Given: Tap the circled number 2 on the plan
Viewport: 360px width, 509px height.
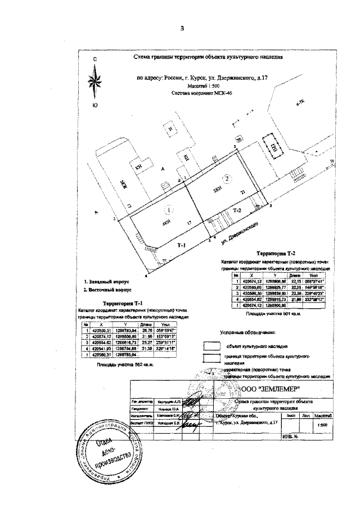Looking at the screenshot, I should (227, 179).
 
